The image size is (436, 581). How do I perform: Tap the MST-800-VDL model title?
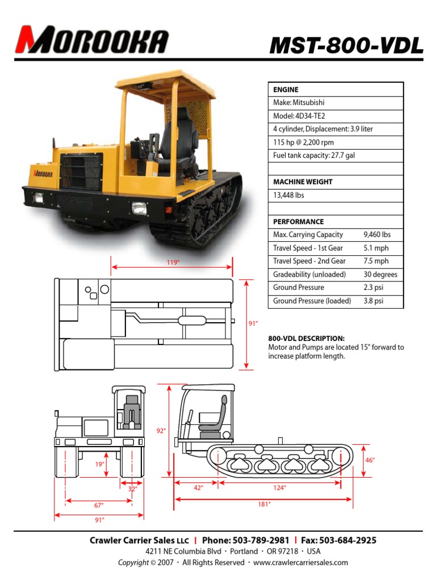[346, 45]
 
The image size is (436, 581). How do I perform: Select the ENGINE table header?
[286, 90]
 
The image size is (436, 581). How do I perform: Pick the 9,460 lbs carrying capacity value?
[377, 235]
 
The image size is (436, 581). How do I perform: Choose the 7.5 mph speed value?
[376, 261]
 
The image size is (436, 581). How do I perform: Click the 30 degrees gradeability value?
[380, 275]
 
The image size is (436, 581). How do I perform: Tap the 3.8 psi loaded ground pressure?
[373, 301]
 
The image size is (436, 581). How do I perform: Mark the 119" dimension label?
[173, 262]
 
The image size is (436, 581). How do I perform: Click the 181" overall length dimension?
[264, 504]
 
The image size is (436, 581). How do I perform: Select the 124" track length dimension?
[279, 487]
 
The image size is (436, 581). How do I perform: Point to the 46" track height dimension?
[370, 460]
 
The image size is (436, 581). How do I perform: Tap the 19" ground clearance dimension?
[100, 464]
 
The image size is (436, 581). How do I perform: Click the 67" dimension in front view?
[99, 505]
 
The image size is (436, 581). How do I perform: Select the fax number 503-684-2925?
[347, 540]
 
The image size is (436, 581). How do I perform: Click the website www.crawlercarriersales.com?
[300, 562]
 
